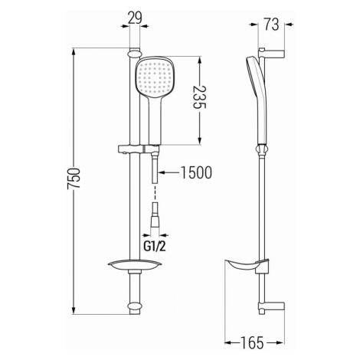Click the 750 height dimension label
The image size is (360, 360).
(x=74, y=178)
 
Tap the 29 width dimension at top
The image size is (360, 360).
(x=135, y=18)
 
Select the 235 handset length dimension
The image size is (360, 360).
(x=199, y=97)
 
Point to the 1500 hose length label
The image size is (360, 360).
(x=196, y=172)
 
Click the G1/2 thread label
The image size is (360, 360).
(x=155, y=247)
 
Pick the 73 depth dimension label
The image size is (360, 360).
(x=271, y=25)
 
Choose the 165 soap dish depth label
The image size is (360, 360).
(x=251, y=343)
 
